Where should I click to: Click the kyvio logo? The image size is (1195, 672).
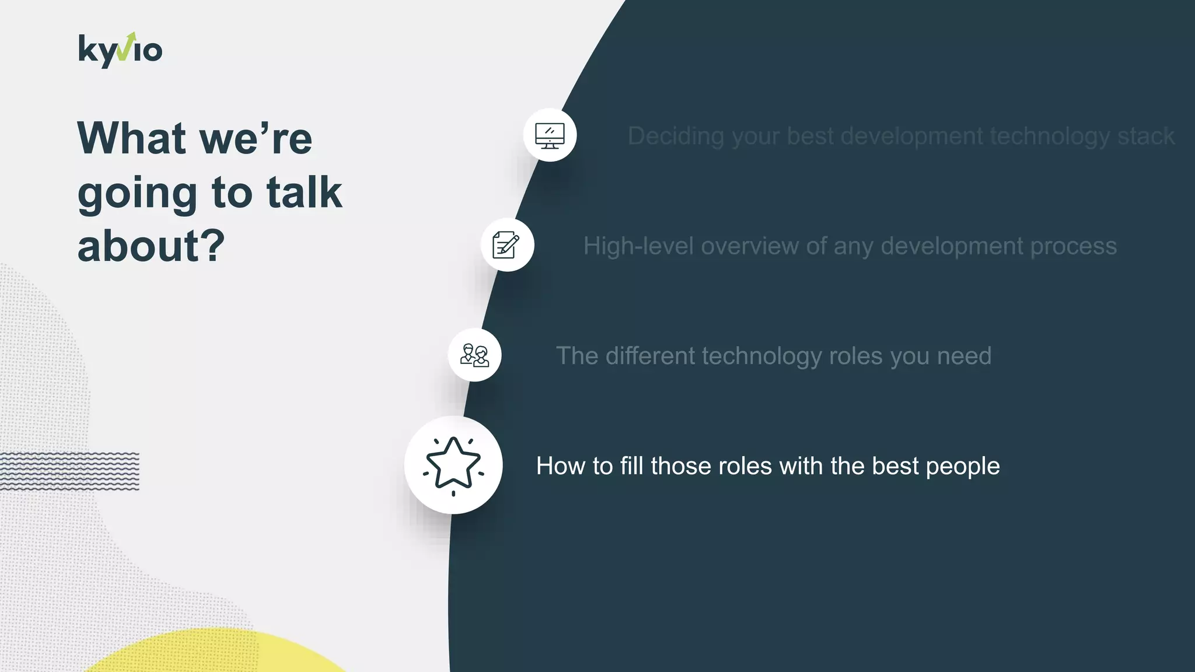[x=120, y=51]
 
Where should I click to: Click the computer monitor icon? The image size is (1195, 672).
[x=550, y=135]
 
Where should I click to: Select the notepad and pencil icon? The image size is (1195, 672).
[x=506, y=245]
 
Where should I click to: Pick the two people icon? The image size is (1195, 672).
[x=474, y=355]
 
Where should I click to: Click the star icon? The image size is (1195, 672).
[x=453, y=465]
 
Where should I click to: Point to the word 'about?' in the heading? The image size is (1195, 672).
[x=151, y=246]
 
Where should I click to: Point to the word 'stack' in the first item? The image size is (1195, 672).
[x=1145, y=136]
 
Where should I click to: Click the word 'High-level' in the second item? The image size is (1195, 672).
[x=638, y=246]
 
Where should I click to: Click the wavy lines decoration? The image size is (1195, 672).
[x=69, y=470]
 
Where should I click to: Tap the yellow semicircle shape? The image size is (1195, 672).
[x=216, y=653]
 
